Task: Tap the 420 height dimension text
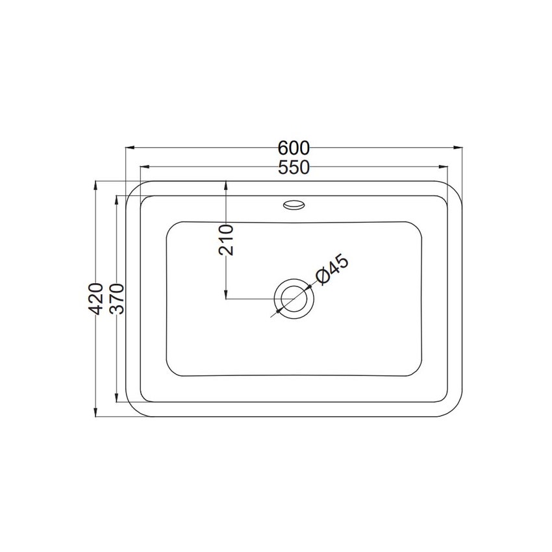(95, 299)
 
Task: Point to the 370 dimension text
(116, 299)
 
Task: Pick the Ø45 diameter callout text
(332, 270)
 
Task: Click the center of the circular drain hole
(294, 299)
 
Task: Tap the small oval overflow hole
(294, 205)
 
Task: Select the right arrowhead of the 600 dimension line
(458, 147)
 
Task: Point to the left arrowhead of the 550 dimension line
(144, 167)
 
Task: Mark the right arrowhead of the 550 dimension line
(444, 167)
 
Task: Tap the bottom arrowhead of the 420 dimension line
(95, 412)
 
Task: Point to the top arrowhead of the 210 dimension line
(225, 184)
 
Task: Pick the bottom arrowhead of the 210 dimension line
(225, 295)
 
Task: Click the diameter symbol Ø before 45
(322, 278)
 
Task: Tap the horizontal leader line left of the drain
(250, 299)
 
